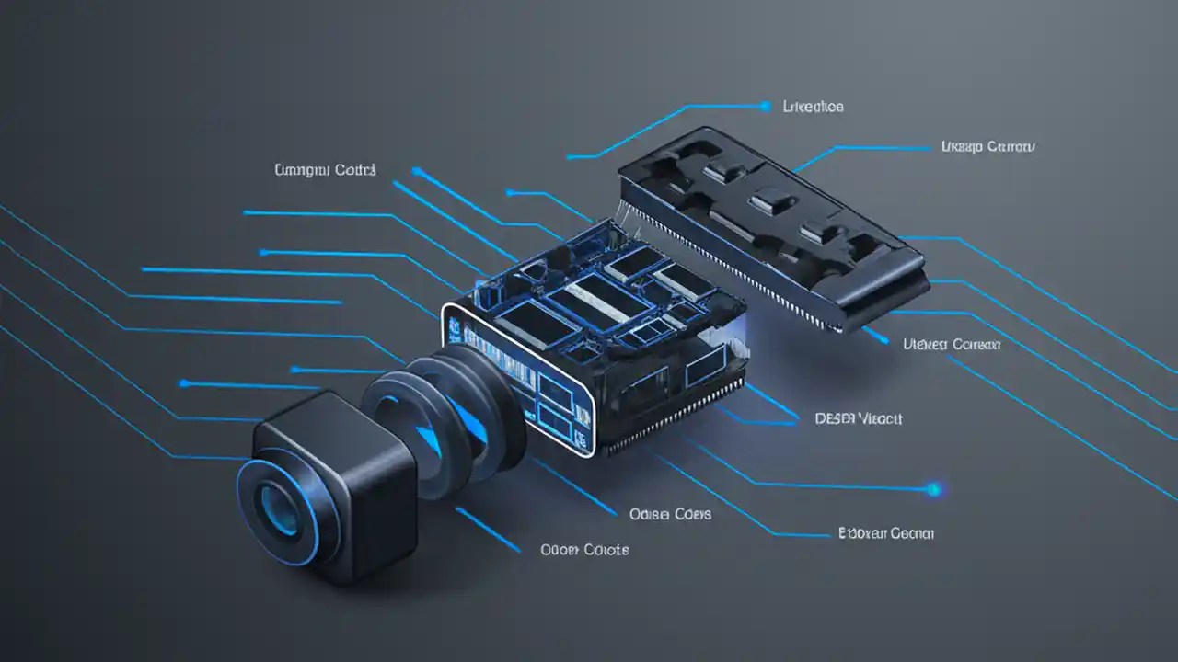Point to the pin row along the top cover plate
point(727,267)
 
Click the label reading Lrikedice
point(813,107)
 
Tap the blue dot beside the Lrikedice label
point(765,107)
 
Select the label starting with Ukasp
point(988,146)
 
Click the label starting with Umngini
point(325,170)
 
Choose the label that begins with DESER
point(858,418)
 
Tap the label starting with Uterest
point(952,344)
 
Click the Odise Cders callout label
point(670,514)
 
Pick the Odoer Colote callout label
point(584,550)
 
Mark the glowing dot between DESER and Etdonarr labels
point(934,488)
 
